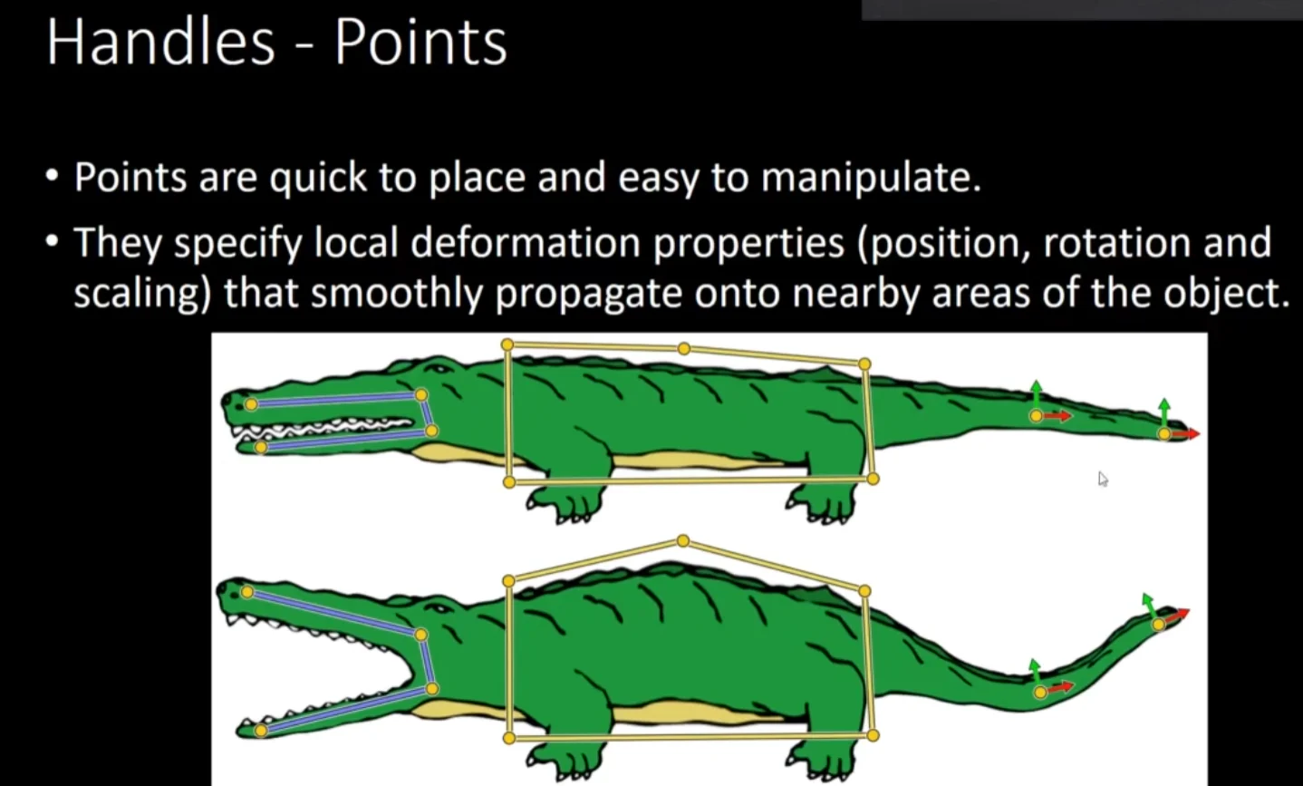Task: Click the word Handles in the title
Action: tap(160, 43)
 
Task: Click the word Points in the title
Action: tap(420, 43)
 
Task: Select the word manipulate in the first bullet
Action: tap(872, 178)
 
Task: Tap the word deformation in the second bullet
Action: tap(526, 243)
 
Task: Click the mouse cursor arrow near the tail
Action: tap(1103, 480)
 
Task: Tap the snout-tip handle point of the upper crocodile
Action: tap(251, 404)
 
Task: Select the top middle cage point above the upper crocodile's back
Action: tap(684, 348)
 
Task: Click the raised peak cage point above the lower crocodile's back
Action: tap(683, 541)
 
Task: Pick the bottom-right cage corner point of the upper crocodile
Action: tap(873, 479)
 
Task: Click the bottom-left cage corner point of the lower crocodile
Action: tap(509, 738)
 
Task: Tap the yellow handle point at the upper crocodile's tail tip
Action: tap(1164, 434)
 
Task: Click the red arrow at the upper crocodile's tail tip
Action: tap(1185, 433)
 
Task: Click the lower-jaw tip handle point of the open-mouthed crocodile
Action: tap(261, 730)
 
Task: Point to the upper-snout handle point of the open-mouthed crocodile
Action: tap(247, 592)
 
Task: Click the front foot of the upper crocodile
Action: tap(560, 504)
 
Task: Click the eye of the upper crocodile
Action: tap(439, 368)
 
